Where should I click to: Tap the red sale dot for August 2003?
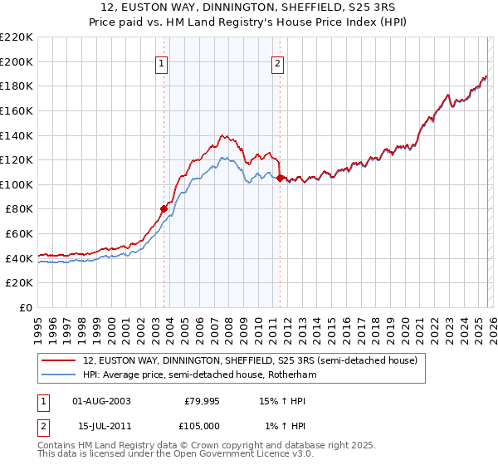164,208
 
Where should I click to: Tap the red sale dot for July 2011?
281,178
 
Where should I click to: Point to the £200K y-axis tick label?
17,61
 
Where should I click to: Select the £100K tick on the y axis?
17,184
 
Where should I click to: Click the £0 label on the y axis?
25,308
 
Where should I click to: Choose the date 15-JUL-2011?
101,427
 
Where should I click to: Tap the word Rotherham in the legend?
292,375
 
